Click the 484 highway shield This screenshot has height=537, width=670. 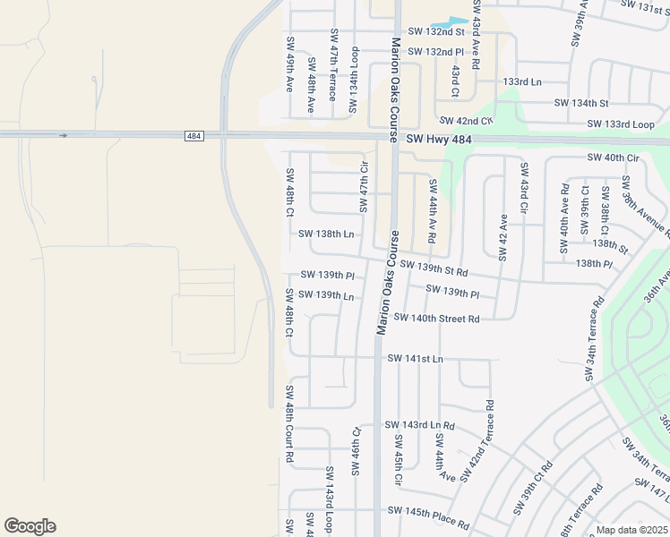point(193,136)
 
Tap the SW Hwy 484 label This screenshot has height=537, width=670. point(439,140)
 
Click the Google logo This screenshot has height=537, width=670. point(30,526)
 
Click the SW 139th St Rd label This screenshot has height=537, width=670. point(434,268)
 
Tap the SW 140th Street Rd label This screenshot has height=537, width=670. point(436,318)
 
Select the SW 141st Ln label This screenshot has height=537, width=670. point(415,358)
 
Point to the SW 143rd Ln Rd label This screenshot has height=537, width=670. point(419,425)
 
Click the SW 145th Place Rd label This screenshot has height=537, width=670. point(429,516)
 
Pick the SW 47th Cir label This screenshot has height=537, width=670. point(365,187)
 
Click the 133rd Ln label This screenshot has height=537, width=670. point(522,81)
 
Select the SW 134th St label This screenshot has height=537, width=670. point(581,103)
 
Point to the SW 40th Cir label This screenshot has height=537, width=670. point(614,158)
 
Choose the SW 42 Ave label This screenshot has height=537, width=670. point(503,237)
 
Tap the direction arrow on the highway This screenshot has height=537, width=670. point(63,136)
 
